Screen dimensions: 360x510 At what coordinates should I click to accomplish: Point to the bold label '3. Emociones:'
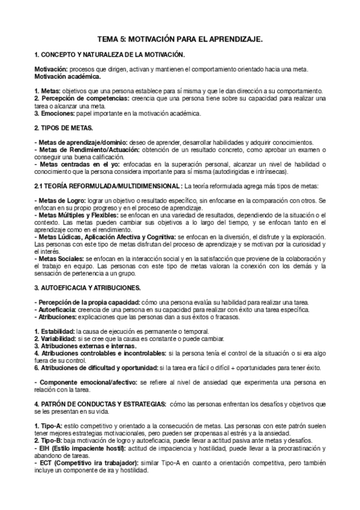pyautogui.click(x=54, y=112)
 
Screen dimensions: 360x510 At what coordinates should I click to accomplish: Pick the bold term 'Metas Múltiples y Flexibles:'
pyautogui.click(x=78, y=215)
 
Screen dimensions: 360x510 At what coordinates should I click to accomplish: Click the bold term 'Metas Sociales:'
pyautogui.click(x=60, y=259)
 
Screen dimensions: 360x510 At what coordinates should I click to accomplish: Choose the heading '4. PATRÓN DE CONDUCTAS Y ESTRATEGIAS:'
pyautogui.click(x=97, y=404)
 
